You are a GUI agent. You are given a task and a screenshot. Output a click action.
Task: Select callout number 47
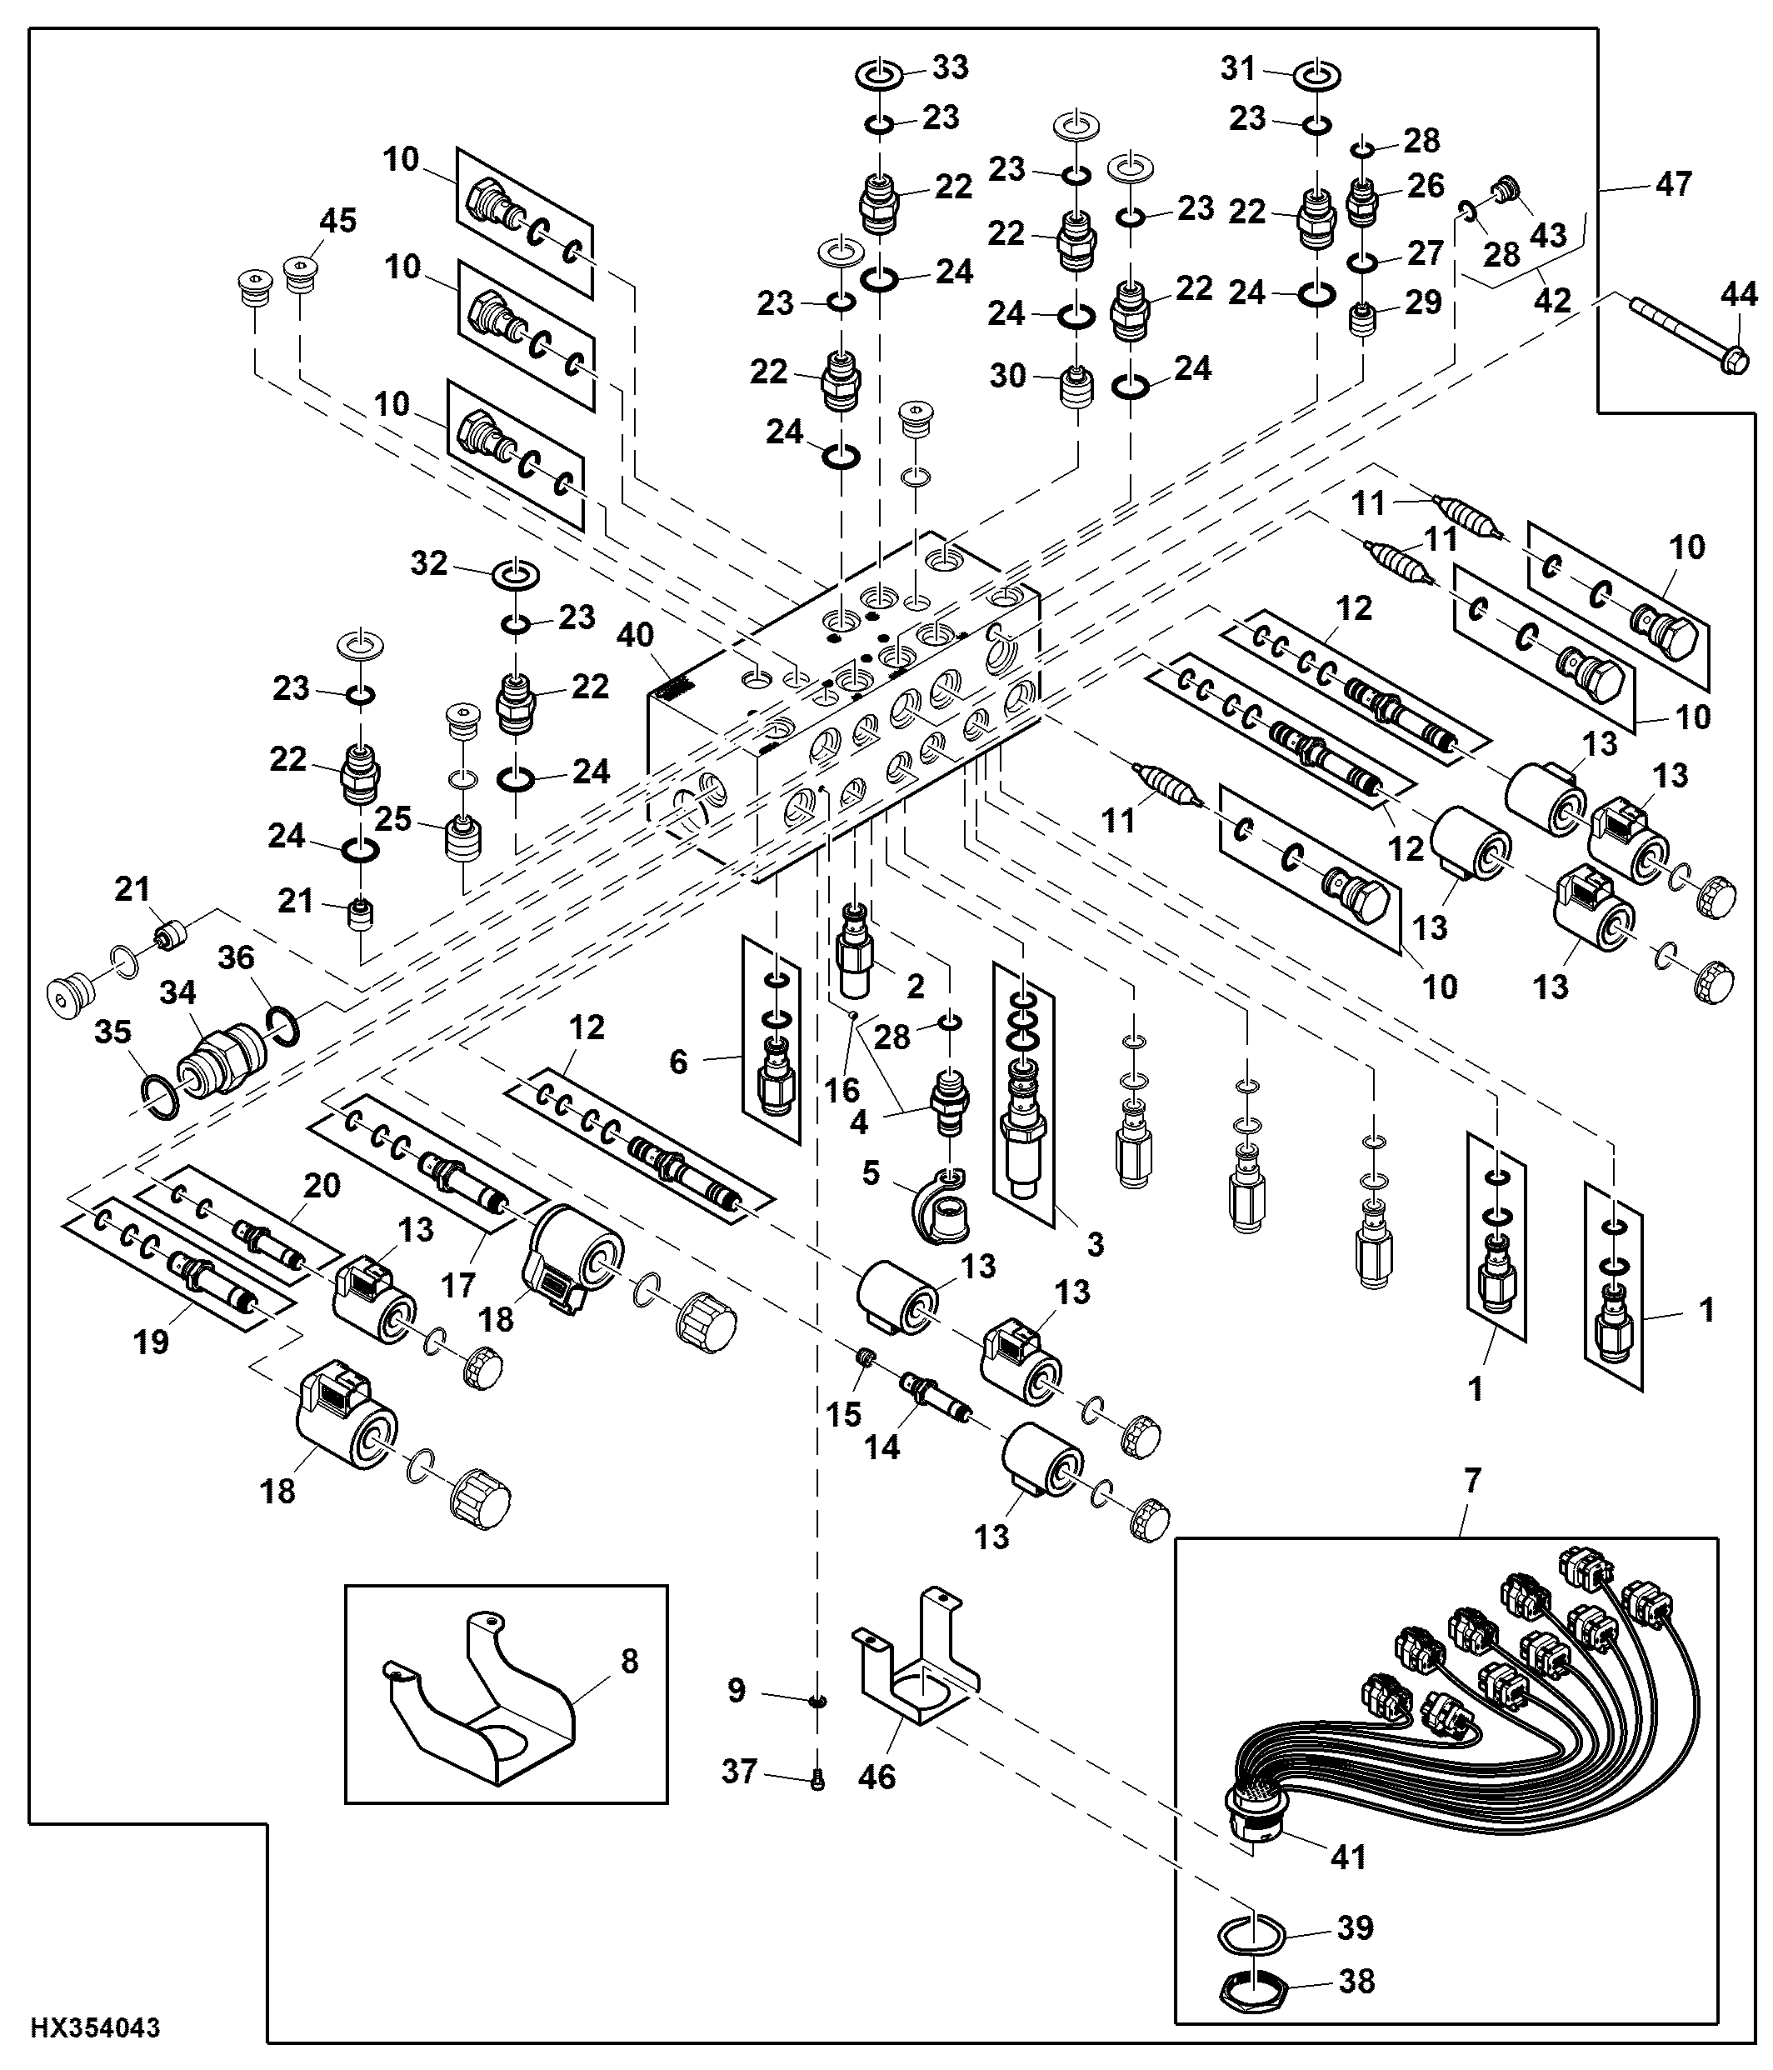pyautogui.click(x=1674, y=184)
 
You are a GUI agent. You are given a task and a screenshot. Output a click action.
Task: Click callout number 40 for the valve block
pyautogui.click(x=635, y=634)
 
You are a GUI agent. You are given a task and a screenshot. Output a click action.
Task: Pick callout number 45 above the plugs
pyautogui.click(x=337, y=220)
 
